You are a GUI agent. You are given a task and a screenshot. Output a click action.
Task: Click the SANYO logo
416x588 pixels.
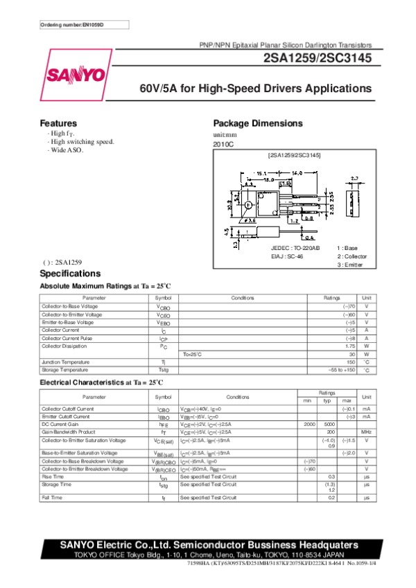(x=76, y=75)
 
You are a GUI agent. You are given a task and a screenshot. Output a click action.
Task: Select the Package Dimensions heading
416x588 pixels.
(x=257, y=123)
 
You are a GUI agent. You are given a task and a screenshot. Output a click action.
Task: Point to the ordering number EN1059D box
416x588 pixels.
(x=72, y=25)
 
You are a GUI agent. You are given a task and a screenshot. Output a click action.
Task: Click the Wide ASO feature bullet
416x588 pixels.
(x=65, y=150)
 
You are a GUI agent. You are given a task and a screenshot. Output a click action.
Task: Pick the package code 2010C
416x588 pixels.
(x=224, y=144)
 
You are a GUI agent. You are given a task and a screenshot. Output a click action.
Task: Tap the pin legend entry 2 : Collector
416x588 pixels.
(x=352, y=256)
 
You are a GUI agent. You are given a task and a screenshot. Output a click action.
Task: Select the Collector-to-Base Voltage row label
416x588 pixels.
(x=70, y=306)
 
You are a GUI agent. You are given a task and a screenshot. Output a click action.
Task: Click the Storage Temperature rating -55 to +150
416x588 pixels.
(x=341, y=370)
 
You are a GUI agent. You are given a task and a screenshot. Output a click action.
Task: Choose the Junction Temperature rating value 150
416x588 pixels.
(x=350, y=362)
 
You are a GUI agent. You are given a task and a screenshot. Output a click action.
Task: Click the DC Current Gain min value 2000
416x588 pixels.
(x=309, y=423)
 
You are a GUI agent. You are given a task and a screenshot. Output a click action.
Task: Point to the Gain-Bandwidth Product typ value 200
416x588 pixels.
(x=331, y=431)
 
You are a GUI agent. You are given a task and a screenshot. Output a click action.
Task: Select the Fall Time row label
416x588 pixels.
(x=52, y=497)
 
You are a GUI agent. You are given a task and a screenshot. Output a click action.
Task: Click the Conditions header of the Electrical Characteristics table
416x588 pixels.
(x=238, y=397)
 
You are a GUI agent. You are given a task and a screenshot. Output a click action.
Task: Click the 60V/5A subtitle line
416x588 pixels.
(x=256, y=89)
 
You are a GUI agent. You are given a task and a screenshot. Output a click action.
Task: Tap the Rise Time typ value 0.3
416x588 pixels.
(x=331, y=476)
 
